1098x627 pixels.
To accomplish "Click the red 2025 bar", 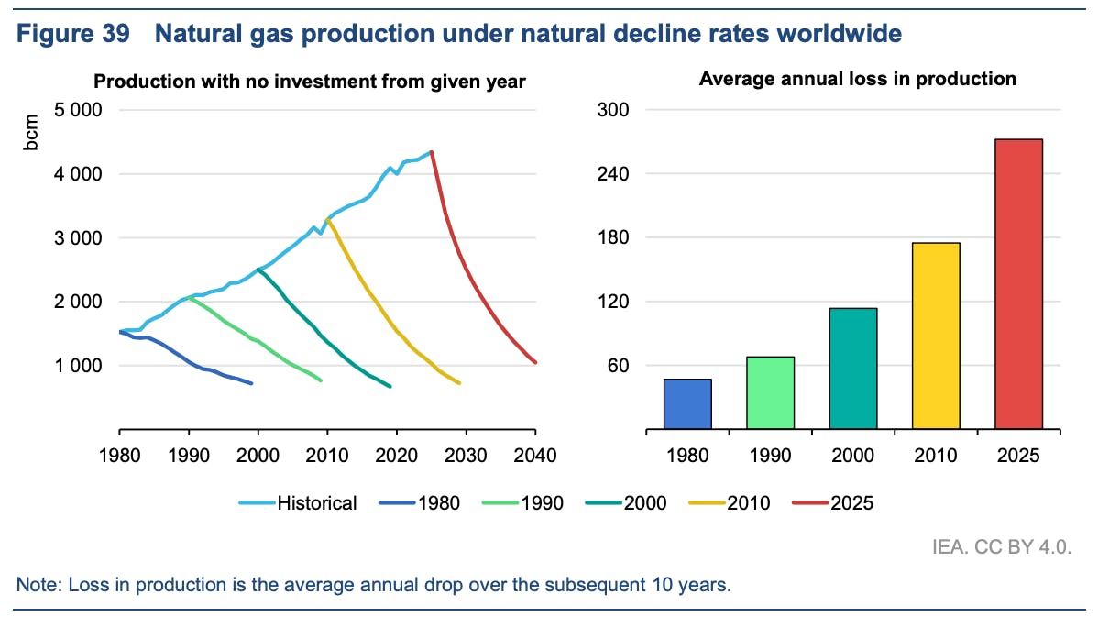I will click(1018, 284).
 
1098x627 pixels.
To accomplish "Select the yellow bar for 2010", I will click(936, 335).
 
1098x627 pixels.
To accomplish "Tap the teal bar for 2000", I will click(853, 368).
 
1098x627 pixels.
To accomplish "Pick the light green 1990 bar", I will click(770, 392).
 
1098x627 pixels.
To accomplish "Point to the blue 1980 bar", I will click(687, 403).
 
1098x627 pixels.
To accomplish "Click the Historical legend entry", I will click(297, 502).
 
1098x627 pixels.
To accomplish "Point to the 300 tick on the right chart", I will click(614, 110).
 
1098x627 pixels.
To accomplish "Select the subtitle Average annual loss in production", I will click(857, 79).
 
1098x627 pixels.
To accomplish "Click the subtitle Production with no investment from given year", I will click(310, 82).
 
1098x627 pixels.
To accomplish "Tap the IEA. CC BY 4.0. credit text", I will click(1011, 547).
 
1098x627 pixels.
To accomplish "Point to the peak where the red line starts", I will click(431, 152).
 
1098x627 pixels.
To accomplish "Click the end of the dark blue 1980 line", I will click(252, 383).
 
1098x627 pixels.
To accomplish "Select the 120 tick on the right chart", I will click(614, 302).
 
